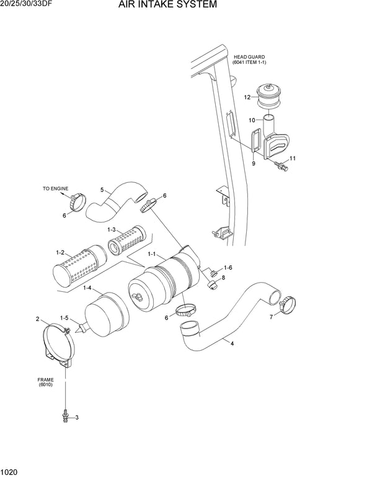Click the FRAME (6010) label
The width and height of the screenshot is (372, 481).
click(x=45, y=382)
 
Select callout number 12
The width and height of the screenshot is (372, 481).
click(x=247, y=97)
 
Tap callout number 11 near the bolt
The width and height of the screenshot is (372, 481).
click(x=292, y=159)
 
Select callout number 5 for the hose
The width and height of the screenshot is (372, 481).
click(x=102, y=190)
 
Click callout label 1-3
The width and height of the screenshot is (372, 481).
click(x=112, y=230)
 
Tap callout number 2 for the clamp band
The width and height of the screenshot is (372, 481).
click(x=38, y=320)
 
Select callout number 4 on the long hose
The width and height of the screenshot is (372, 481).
click(x=232, y=343)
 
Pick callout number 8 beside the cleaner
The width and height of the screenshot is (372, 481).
click(x=223, y=278)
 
